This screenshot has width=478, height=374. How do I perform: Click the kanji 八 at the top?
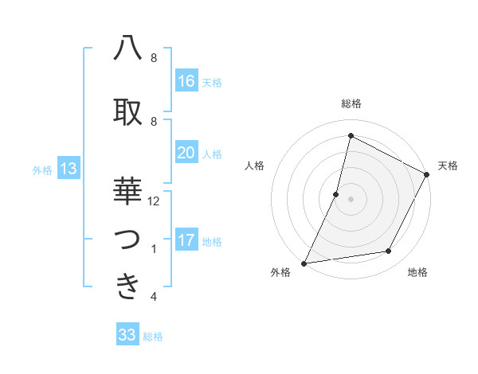[128, 49]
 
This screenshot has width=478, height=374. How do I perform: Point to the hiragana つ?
[128, 240]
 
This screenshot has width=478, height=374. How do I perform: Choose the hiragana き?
[128, 286]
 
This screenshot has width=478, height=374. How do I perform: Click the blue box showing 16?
[186, 82]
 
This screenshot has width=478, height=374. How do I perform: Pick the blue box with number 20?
[186, 154]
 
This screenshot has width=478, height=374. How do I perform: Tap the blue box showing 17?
[186, 241]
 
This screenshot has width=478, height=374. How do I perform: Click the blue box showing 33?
[127, 335]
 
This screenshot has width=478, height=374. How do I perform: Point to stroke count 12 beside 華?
[154, 201]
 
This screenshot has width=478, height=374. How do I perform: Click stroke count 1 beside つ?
[154, 249]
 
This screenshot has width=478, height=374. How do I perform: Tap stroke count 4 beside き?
[154, 297]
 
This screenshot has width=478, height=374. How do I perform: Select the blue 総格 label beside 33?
[154, 337]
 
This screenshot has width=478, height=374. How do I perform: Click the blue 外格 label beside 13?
[42, 169]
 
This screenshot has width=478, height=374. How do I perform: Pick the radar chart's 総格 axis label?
[351, 103]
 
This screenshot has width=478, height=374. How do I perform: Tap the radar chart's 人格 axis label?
[255, 166]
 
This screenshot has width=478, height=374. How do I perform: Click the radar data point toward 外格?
[304, 263]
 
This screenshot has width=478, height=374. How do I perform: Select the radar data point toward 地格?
[389, 251]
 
